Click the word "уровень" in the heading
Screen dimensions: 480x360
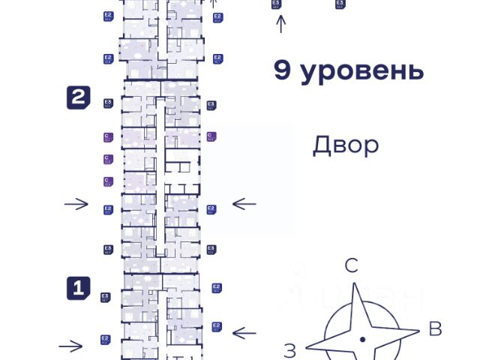tap(361, 71)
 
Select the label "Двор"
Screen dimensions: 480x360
tap(346, 145)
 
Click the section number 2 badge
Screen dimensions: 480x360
tap(79, 98)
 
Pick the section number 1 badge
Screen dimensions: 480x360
tap(79, 287)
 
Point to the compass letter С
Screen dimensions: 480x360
tap(351, 265)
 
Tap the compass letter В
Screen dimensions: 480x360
tap(434, 328)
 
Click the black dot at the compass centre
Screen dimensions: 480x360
tap(362, 340)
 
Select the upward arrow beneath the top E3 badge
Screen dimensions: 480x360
tap(281, 24)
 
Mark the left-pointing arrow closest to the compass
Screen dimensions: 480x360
tap(244, 331)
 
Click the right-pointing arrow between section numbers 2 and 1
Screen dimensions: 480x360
tap(76, 204)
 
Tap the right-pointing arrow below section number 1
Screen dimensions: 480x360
tap(71, 346)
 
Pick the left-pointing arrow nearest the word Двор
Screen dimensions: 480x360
tap(244, 203)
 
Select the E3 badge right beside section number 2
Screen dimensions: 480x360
tap(108, 104)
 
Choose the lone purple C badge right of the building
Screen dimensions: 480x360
tap(211, 136)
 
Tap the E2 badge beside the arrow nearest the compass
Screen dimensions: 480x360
tap(217, 326)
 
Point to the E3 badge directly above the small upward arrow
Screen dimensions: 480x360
tap(277, 4)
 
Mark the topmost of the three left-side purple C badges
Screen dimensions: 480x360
tap(107, 137)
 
